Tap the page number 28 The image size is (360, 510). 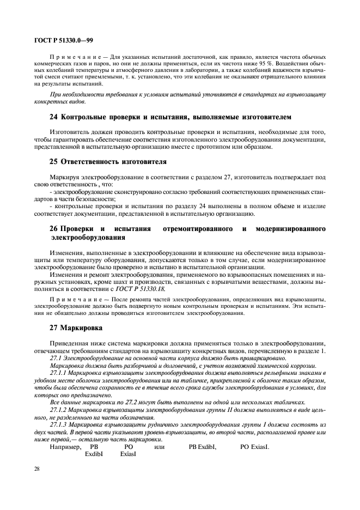click(x=38, y=469)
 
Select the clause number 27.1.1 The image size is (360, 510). click(x=60, y=372)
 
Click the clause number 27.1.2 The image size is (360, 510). click(x=60, y=408)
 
